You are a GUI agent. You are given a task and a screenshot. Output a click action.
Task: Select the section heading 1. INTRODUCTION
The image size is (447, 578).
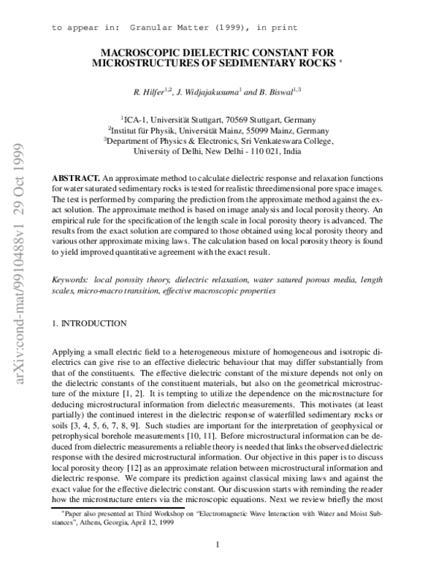click(91, 325)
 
